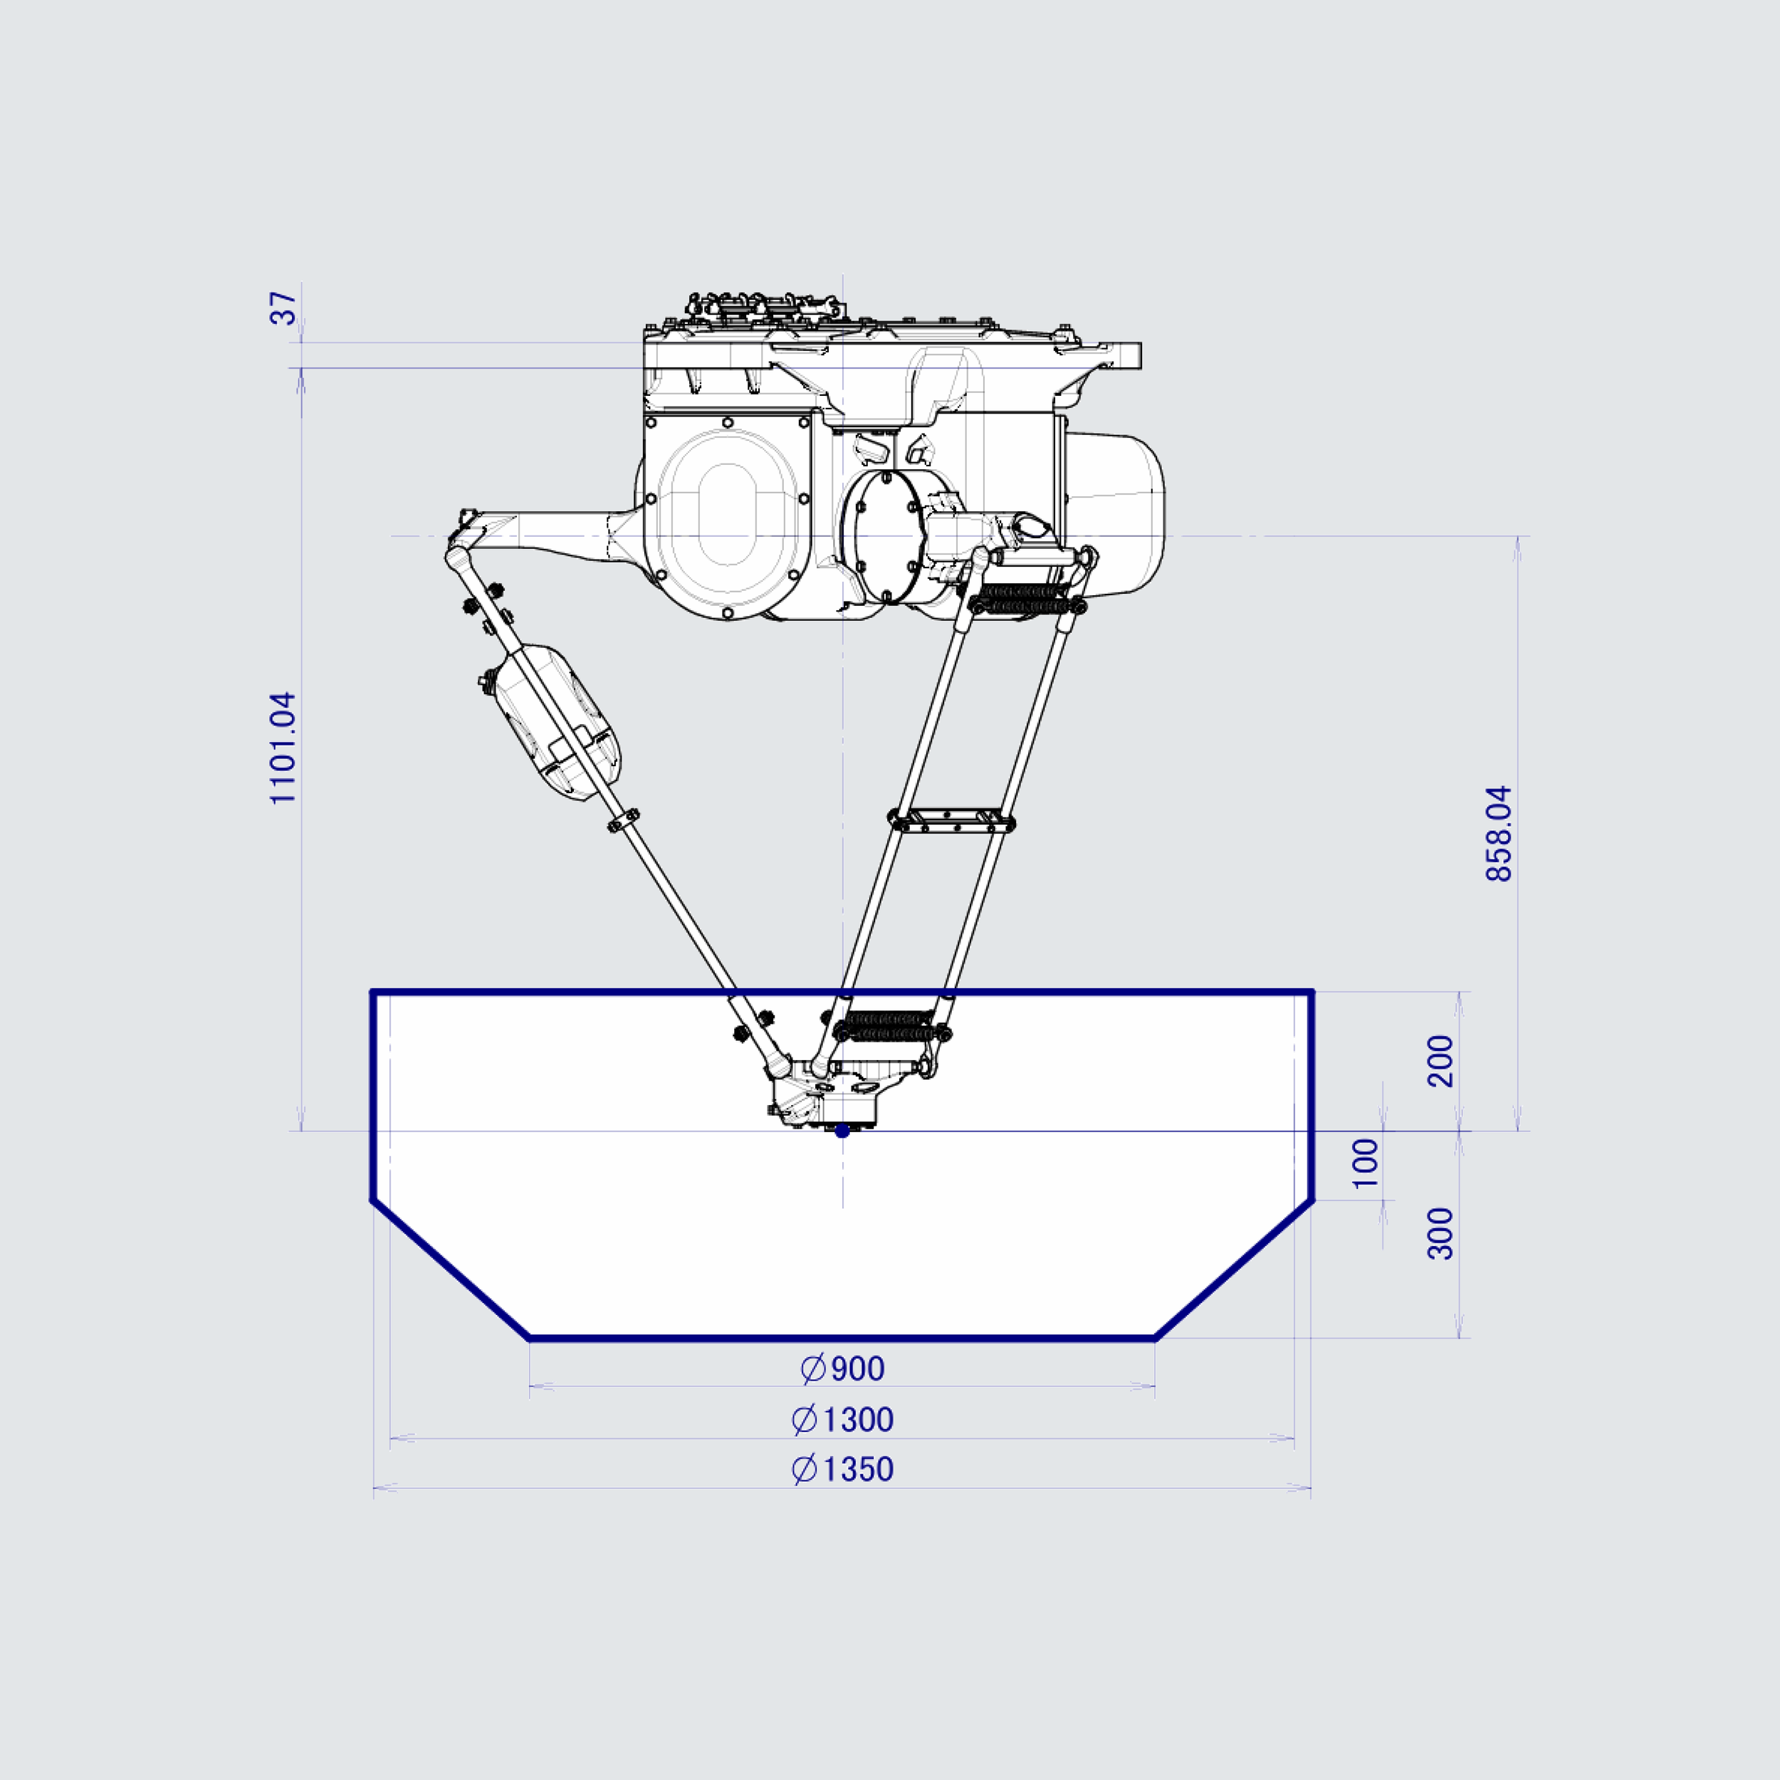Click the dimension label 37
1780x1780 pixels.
(x=285, y=308)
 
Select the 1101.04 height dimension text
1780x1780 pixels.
(x=284, y=748)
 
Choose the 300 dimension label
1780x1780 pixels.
(x=1440, y=1234)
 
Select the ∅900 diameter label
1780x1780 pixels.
(x=842, y=1369)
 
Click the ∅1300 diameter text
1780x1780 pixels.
(x=842, y=1420)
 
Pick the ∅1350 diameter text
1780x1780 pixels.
(x=842, y=1469)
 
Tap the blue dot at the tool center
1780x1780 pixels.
(x=842, y=1131)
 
